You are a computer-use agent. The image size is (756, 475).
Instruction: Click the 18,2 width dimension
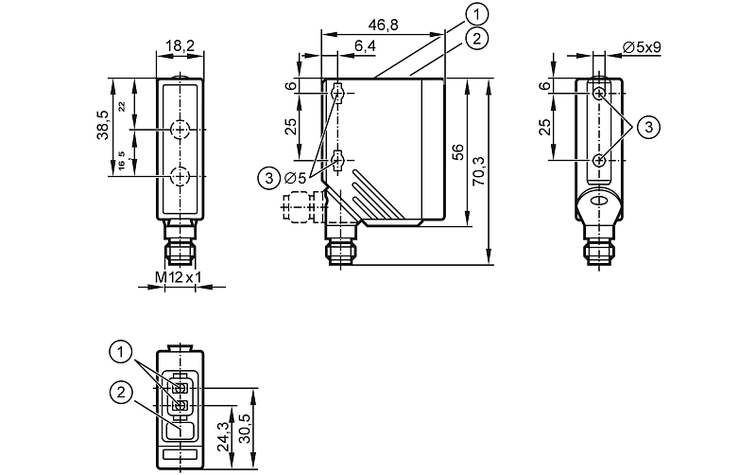[180, 45]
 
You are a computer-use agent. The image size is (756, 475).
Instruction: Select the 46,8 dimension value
[384, 26]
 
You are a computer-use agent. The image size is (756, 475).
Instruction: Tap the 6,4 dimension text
[365, 45]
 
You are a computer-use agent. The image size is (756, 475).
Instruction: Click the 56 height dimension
[458, 151]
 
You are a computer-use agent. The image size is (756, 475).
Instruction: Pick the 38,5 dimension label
[103, 125]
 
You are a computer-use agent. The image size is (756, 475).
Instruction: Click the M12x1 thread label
[178, 277]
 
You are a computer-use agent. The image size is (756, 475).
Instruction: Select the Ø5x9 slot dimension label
[642, 47]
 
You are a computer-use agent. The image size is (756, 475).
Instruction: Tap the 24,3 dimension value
[223, 437]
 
